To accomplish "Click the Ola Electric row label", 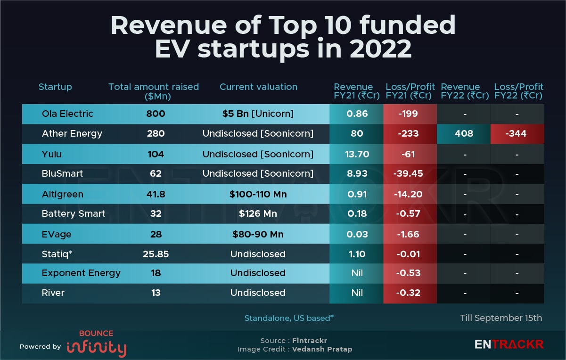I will (x=67, y=114).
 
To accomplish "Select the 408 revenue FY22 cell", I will (x=464, y=133).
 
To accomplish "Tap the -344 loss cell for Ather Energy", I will (x=517, y=133).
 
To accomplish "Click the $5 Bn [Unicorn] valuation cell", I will (x=258, y=114).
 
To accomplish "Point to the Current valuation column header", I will (x=258, y=87).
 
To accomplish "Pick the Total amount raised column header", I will (x=154, y=91).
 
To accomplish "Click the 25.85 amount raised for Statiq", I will (x=156, y=254).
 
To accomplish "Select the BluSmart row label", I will (x=62, y=173).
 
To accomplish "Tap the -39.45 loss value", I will (x=408, y=173).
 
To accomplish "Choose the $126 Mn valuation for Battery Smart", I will (x=258, y=213).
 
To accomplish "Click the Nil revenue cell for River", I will (x=357, y=293).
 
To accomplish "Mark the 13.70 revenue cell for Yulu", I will (x=357, y=154).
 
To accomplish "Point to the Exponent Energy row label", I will (x=81, y=273).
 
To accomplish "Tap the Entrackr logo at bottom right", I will (x=509, y=344).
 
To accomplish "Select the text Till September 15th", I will (x=501, y=318).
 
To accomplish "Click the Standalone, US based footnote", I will (x=289, y=318).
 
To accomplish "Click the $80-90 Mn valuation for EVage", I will (x=258, y=234).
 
